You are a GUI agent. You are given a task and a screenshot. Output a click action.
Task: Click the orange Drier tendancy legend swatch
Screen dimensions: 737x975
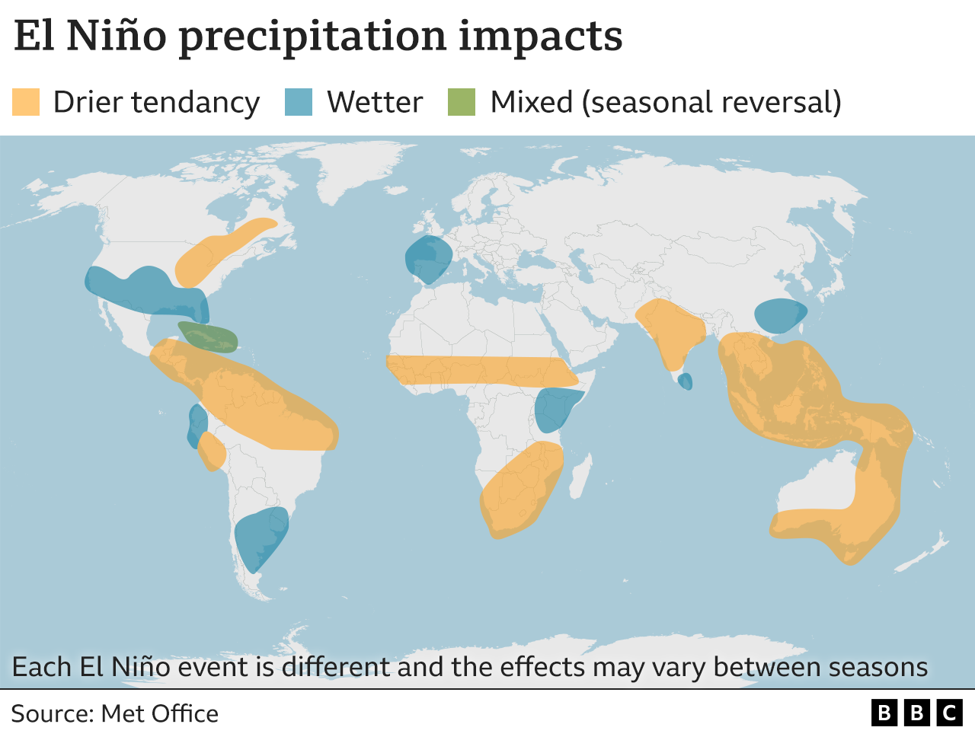(26, 102)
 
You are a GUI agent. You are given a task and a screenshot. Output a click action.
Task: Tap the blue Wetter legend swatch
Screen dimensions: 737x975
(299, 102)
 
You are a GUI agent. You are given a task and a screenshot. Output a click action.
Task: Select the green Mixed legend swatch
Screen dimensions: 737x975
(462, 102)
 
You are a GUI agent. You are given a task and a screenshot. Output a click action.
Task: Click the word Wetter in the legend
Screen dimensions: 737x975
(374, 102)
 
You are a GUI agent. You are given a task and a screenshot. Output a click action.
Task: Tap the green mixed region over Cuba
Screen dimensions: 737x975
(208, 337)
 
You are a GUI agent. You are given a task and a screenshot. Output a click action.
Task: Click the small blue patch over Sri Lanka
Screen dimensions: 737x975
(686, 381)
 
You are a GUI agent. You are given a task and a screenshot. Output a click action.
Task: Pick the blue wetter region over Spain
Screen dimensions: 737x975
(427, 259)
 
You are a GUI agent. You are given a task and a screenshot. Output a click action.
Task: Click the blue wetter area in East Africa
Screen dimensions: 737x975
(556, 409)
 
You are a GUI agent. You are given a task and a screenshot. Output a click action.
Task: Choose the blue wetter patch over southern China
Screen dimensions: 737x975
(779, 314)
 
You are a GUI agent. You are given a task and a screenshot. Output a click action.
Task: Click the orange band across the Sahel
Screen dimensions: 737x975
(480, 370)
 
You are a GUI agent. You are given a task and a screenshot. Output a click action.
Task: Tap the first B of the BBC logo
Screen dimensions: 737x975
(884, 713)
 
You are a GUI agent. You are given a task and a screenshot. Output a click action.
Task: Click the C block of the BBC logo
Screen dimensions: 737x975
(949, 713)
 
